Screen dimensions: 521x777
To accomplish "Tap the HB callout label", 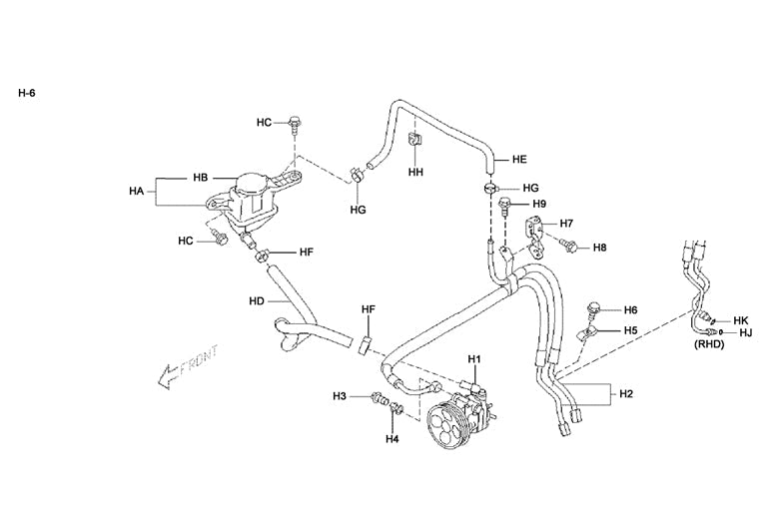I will coord(200,178).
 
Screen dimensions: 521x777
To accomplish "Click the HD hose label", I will coord(257,300).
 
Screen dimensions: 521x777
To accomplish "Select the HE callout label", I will coord(519,159).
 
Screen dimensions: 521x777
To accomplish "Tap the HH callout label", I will coord(416,172).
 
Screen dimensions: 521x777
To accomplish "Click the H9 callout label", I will coord(538,204).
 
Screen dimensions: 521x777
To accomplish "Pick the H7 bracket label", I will coord(566,223).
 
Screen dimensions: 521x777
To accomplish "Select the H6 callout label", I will coord(630,310).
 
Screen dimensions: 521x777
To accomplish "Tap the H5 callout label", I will coord(630,329).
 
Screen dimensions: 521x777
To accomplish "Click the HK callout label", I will coord(741,320).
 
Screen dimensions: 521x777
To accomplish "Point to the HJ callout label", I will coord(745,333).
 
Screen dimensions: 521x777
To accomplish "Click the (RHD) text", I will coord(709,345).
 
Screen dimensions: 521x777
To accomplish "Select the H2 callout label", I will coord(626,394).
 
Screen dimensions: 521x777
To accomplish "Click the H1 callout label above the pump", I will coord(474,358).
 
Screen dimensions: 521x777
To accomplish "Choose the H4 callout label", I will coord(392,438).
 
